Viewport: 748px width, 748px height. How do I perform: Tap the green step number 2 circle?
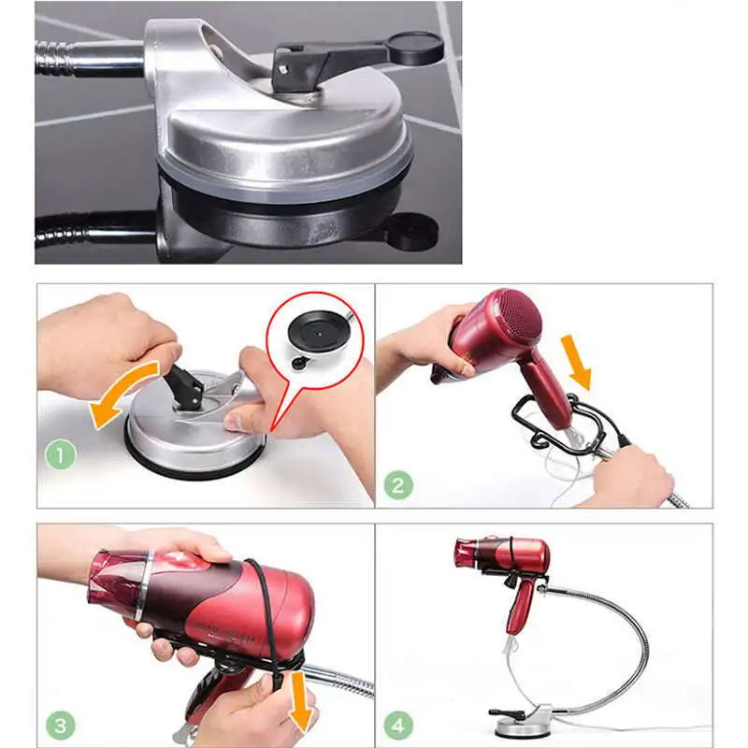click(x=398, y=485)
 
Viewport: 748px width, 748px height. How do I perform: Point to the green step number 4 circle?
click(x=397, y=725)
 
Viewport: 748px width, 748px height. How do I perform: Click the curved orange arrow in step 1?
click(x=122, y=393)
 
